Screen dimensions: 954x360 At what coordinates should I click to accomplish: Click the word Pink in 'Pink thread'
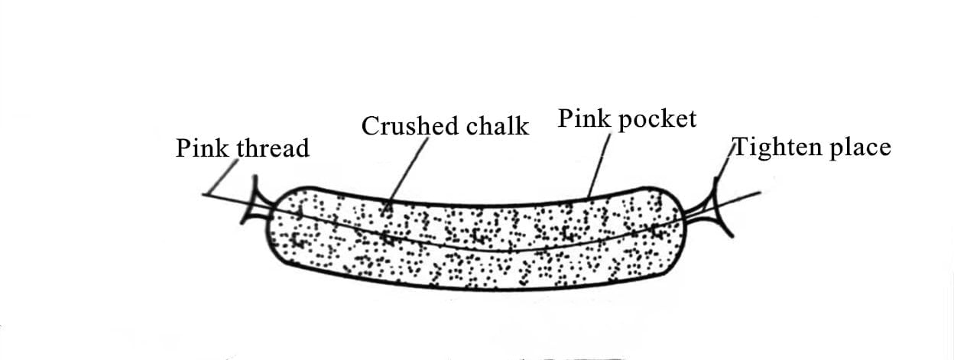tap(203, 148)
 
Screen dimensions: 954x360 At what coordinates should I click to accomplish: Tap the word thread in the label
tap(273, 148)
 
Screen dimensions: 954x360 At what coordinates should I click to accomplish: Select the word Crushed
tap(410, 126)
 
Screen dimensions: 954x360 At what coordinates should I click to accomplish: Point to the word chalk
tap(498, 126)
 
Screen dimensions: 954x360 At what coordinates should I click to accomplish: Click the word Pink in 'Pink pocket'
tap(584, 118)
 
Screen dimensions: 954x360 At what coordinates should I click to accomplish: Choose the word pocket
tap(657, 119)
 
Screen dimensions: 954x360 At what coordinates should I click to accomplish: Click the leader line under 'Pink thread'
tap(224, 177)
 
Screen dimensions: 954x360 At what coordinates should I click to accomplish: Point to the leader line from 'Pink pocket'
tap(599, 165)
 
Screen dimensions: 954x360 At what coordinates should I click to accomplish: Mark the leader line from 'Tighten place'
tap(724, 162)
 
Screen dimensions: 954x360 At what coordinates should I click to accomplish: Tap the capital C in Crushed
tap(371, 127)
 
